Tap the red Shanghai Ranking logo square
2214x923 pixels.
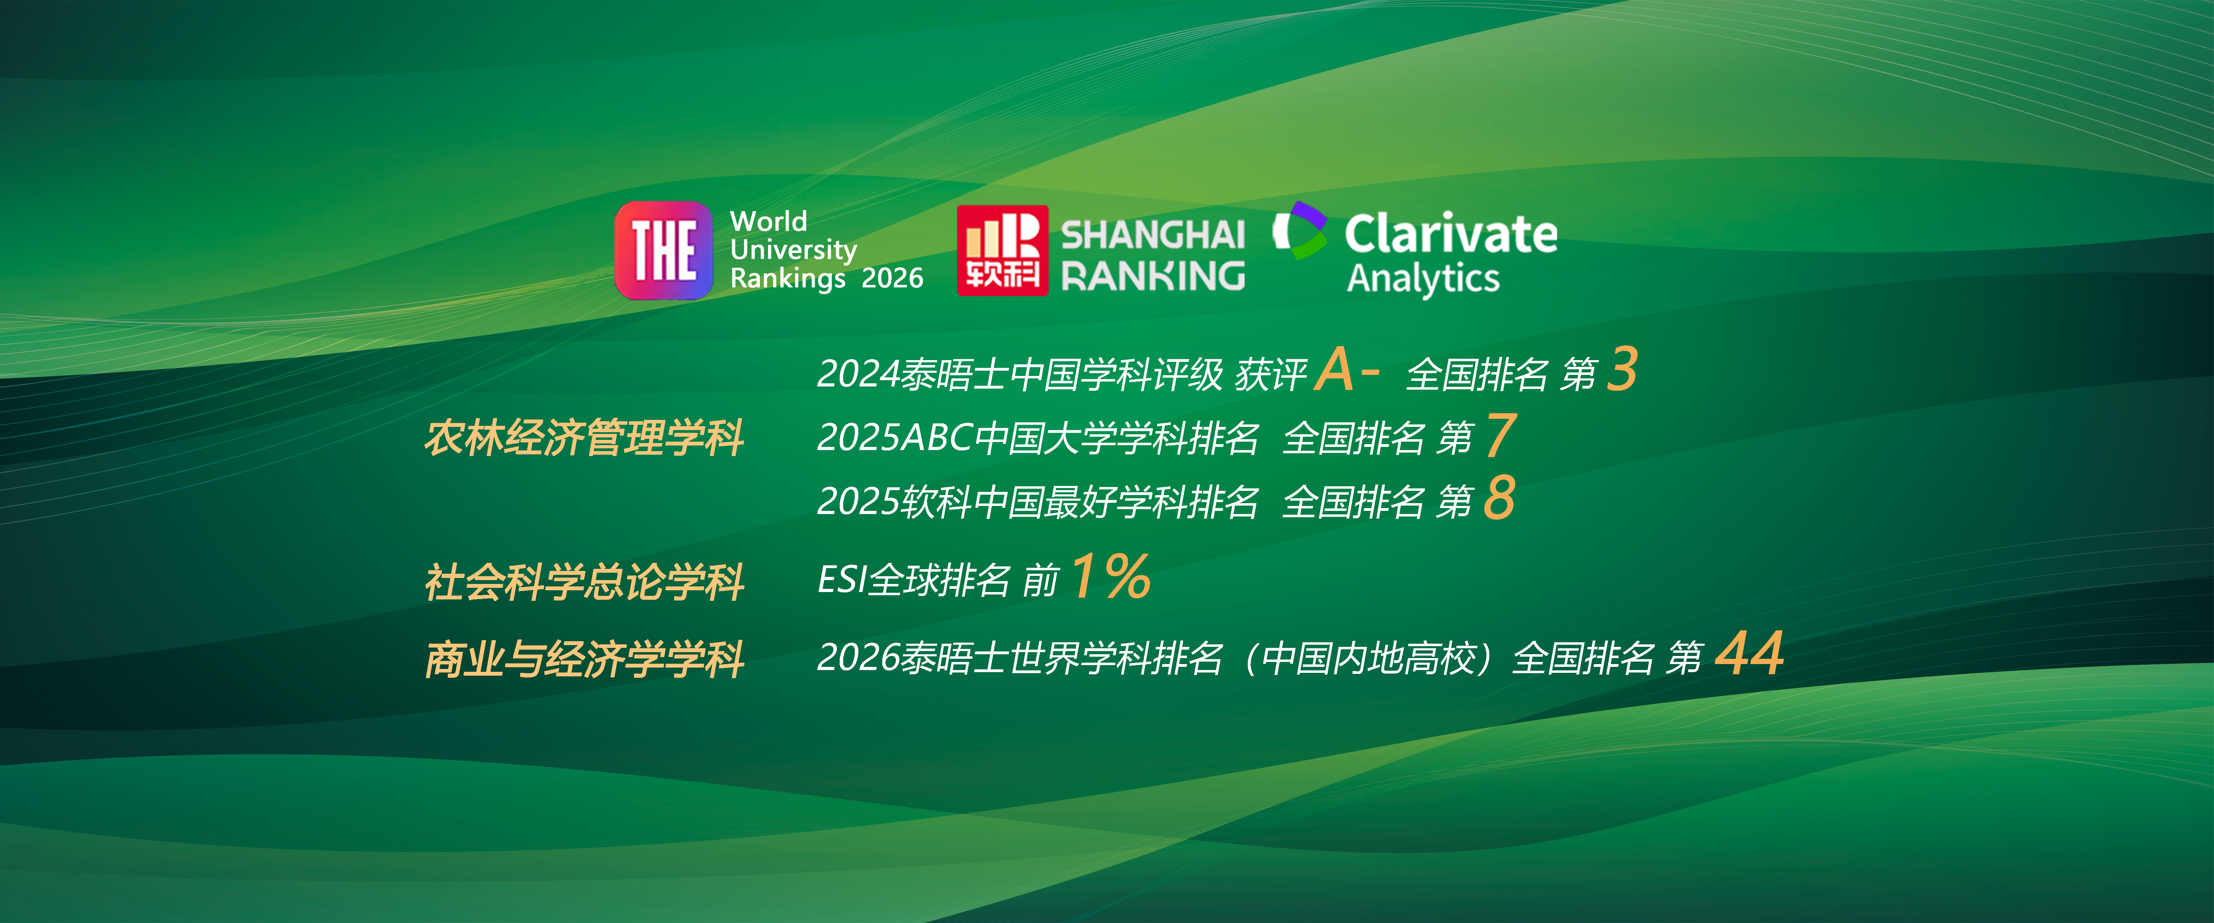coord(1002,250)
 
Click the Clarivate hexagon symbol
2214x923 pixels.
coord(1299,230)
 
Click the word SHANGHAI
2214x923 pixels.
coord(1153,235)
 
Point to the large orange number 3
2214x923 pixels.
coord(1623,370)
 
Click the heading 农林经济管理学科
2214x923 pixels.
coord(585,437)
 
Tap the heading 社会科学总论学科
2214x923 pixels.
coord(585,582)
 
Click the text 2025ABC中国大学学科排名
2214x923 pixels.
coord(1037,437)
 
